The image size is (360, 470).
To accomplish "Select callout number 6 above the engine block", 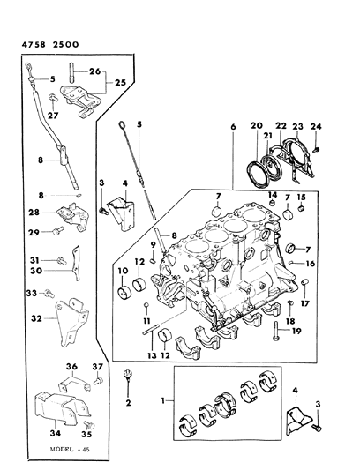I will [232, 128].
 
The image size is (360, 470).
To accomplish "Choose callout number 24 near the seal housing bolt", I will [315, 128].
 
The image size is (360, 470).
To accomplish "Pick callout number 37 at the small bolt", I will [98, 367].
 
